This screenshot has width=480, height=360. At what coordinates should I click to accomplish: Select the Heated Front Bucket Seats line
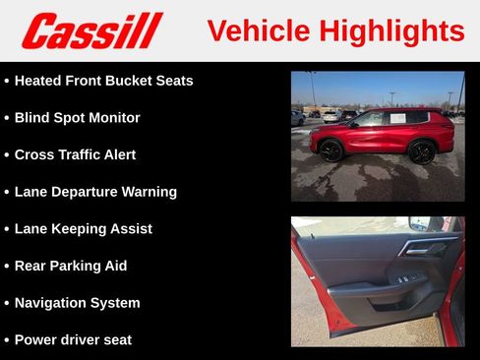pyautogui.click(x=103, y=81)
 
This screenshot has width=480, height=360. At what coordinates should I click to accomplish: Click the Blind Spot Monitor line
pyautogui.click(x=77, y=118)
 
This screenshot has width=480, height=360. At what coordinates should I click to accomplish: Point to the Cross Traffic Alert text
pyautogui.click(x=75, y=154)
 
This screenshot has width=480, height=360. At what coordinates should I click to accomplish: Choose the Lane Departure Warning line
pyautogui.click(x=95, y=192)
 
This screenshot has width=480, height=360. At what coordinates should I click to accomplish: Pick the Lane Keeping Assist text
pyautogui.click(x=83, y=229)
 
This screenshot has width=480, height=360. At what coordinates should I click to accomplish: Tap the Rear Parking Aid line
pyautogui.click(x=71, y=266)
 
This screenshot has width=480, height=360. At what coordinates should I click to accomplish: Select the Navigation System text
pyautogui.click(x=77, y=303)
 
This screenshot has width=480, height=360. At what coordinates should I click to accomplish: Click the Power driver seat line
pyautogui.click(x=73, y=340)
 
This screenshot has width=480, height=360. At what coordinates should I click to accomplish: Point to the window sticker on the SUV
pyautogui.click(x=397, y=118)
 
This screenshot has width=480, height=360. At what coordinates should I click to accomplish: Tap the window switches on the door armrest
pyautogui.click(x=404, y=279)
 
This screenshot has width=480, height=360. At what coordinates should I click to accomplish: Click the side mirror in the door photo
pyautogui.click(x=421, y=224)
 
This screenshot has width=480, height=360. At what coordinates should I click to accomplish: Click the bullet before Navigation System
pyautogui.click(x=7, y=303)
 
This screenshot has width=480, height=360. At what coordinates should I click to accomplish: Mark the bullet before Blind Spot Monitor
pyautogui.click(x=7, y=118)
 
